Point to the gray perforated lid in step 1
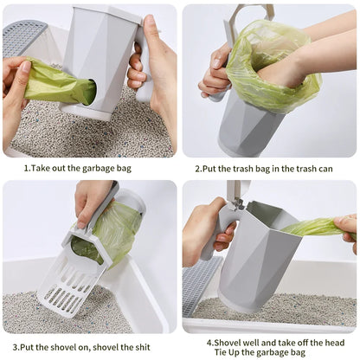24,39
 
